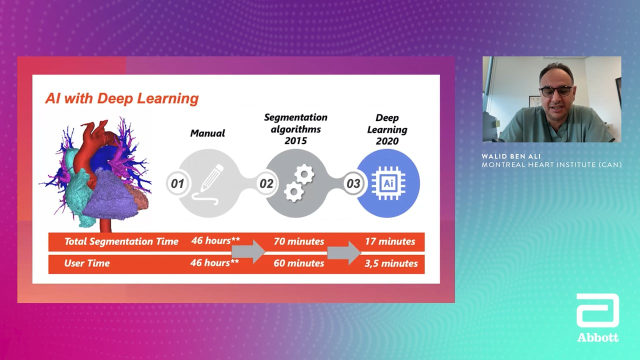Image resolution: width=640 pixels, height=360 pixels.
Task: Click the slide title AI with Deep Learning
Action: (121, 98)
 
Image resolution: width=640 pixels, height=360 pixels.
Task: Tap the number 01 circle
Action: (177, 183)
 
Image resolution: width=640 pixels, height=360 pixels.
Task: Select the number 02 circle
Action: (266, 183)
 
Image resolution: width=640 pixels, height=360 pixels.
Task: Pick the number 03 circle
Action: (353, 183)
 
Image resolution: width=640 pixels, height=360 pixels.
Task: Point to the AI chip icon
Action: (388, 183)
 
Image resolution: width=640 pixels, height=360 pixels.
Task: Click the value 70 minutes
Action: (299, 241)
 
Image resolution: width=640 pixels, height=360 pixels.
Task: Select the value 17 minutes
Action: (390, 241)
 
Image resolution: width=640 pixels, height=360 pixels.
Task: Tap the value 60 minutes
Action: (299, 263)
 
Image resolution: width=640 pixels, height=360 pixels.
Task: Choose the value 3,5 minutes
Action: (391, 263)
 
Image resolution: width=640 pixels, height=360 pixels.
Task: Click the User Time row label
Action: (87, 263)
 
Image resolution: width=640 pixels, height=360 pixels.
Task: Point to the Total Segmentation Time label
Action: (121, 241)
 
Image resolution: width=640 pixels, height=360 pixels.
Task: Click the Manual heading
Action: (207, 133)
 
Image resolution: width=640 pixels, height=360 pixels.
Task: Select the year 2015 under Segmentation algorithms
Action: (295, 140)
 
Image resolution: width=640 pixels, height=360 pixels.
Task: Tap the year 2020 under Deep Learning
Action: (387, 141)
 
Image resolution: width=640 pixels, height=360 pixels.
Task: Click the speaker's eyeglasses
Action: (555, 91)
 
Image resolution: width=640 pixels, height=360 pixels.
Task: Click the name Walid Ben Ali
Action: (511, 156)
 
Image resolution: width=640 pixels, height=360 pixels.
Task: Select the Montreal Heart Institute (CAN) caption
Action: (551, 164)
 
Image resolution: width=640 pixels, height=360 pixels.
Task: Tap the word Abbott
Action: (597, 337)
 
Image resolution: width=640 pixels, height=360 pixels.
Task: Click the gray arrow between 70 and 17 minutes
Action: (344, 252)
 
